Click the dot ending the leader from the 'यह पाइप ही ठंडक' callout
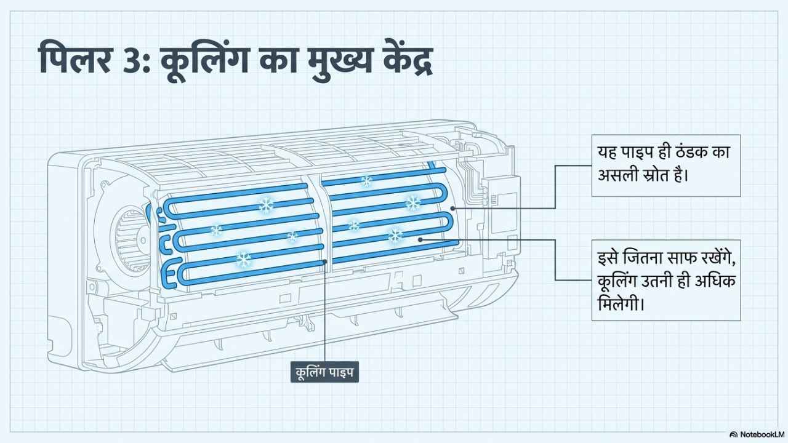(x=452, y=208)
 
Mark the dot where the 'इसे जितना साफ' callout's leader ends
(x=420, y=240)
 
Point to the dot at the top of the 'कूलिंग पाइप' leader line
(x=326, y=261)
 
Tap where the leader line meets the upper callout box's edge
(x=592, y=166)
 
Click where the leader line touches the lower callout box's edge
(x=592, y=280)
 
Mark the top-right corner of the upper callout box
(x=741, y=135)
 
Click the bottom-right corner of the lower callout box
(x=741, y=321)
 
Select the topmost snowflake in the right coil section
(x=366, y=182)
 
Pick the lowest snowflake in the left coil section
(x=243, y=260)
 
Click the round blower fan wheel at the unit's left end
(x=129, y=240)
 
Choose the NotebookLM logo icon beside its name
(x=734, y=434)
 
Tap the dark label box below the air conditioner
(x=324, y=372)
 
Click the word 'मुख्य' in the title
(x=339, y=60)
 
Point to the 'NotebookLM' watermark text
(x=760, y=434)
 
